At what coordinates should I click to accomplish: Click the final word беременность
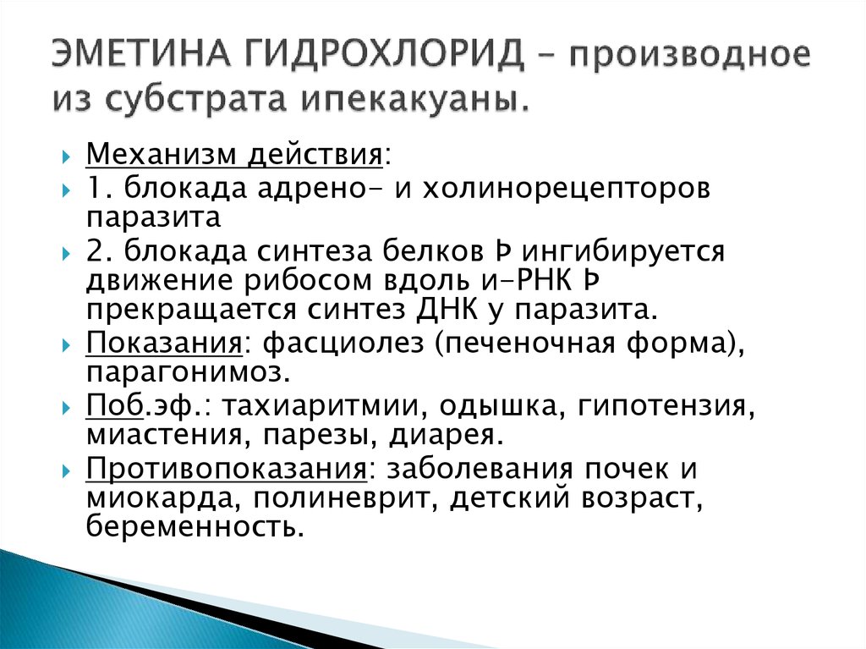coord(194,527)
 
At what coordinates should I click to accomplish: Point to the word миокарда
coord(158,498)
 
